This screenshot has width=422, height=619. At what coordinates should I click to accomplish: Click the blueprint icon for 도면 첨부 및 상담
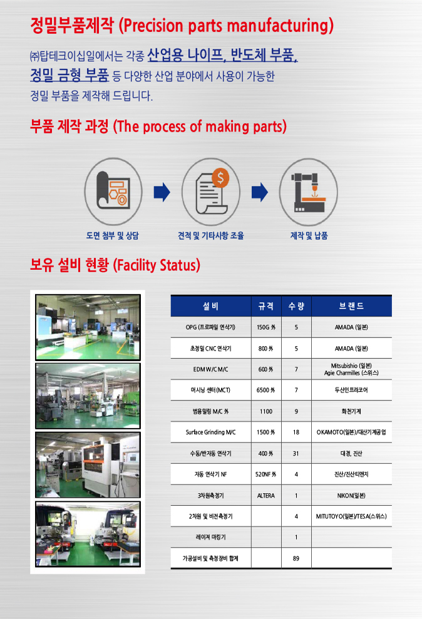[113, 192]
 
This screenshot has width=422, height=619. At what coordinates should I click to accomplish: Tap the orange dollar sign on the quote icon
[220, 178]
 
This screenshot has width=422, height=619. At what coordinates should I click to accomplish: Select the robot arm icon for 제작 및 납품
[308, 192]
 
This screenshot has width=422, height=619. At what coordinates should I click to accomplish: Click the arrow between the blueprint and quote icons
[162, 192]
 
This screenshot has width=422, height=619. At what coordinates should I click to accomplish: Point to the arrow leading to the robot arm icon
[259, 192]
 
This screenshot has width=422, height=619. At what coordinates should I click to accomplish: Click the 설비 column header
[211, 306]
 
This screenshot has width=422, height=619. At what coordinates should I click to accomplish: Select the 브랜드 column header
[351, 306]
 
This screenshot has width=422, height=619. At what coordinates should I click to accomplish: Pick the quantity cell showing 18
[296, 432]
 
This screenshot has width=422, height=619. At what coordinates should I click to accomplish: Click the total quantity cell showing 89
[296, 558]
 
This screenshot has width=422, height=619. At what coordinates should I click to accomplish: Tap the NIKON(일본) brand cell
[351, 496]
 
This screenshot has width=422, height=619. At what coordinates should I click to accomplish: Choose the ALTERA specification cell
[266, 496]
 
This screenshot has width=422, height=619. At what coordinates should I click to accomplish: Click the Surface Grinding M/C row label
[211, 432]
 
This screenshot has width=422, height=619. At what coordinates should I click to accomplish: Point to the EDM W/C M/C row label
[211, 369]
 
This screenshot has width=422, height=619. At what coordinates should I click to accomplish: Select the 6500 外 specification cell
[266, 390]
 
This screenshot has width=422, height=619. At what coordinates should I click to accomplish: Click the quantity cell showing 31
[296, 454]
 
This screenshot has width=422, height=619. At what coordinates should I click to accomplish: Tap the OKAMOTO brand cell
[351, 432]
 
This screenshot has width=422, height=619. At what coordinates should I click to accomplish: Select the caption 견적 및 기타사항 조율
[211, 236]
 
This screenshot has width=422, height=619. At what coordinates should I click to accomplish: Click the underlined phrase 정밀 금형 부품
[69, 75]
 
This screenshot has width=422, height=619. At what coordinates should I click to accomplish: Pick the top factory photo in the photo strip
[88, 327]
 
